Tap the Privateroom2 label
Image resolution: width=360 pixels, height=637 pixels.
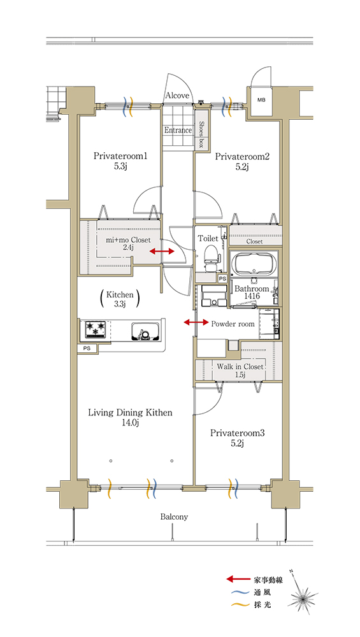tap(241, 157)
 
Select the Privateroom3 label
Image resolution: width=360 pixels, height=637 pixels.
tap(237, 433)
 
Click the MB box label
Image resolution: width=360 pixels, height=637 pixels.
tap(261, 99)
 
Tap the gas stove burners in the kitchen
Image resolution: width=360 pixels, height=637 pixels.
tap(96, 329)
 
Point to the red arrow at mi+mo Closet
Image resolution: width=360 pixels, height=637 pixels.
tap(162, 252)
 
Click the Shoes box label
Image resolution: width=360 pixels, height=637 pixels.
tap(201, 134)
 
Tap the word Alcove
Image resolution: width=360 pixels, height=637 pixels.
tap(177, 96)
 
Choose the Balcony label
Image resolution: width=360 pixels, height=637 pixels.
tap(174, 517)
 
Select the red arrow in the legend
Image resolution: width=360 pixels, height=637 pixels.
tap(238, 580)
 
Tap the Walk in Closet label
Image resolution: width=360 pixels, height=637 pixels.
tap(240, 366)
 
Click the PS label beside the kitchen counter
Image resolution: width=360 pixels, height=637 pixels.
tap(87, 348)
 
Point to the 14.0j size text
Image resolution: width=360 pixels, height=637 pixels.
tap(131, 424)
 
